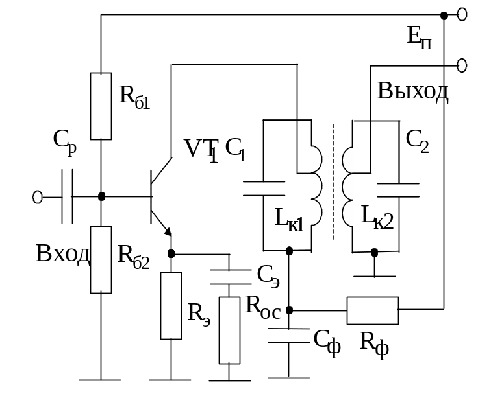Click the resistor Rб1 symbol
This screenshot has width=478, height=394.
click(x=101, y=106)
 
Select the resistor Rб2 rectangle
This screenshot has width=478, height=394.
click(x=101, y=259)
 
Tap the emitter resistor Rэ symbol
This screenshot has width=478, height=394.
click(x=171, y=306)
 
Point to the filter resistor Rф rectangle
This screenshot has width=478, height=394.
click(x=372, y=310)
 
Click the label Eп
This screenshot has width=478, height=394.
click(x=419, y=36)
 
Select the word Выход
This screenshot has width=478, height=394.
click(x=413, y=91)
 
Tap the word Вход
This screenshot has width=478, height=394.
click(x=62, y=253)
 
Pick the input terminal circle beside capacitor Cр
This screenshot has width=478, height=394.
click(x=38, y=196)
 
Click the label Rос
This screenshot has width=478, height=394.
click(x=263, y=305)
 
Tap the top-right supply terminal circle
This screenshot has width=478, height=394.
click(x=462, y=14)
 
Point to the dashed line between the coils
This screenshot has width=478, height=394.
click(x=334, y=181)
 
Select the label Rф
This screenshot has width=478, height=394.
click(x=375, y=342)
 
